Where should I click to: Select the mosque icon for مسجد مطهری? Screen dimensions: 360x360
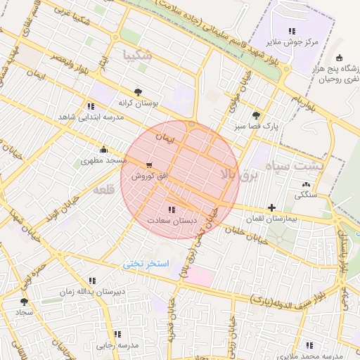pos(104,149)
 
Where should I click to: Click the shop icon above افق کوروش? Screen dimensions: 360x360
pos(148,165)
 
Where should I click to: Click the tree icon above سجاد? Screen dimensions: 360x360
pos(25,301)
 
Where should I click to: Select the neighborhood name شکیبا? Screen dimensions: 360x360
pos(136,54)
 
